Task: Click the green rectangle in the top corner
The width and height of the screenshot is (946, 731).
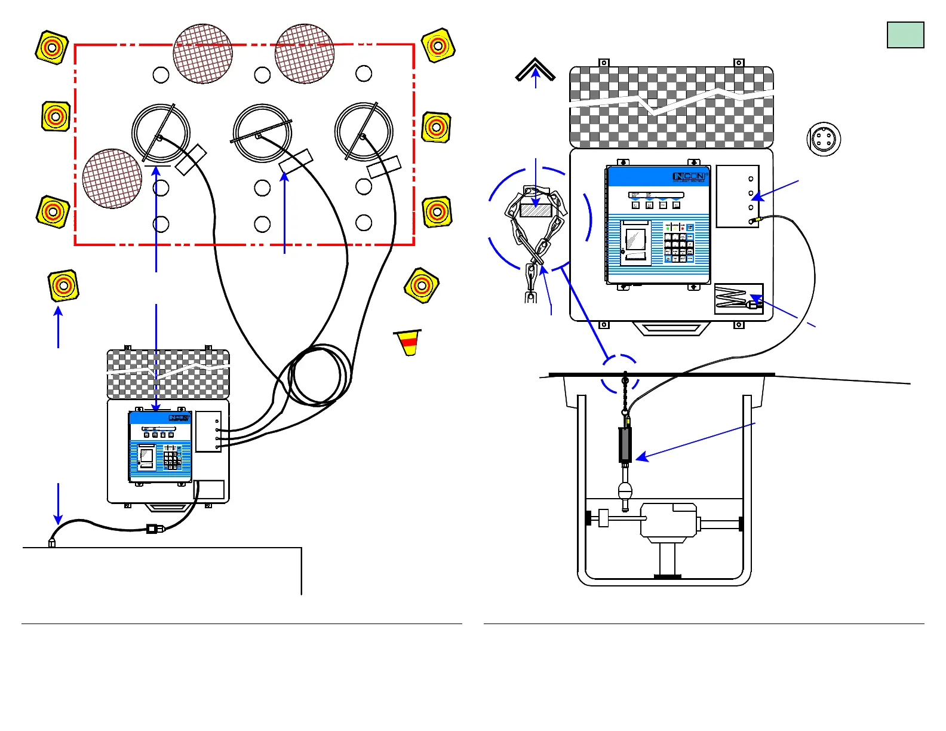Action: pos(905,35)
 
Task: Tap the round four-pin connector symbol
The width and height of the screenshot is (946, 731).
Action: pos(824,139)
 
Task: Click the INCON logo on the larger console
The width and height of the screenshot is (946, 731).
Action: pos(689,176)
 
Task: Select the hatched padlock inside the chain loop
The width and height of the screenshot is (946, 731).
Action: pos(536,210)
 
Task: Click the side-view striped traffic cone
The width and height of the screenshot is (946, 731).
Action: pos(408,343)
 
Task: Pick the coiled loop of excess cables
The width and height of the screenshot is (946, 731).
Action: pos(317,376)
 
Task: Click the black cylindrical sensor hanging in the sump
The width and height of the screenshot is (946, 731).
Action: pos(625,444)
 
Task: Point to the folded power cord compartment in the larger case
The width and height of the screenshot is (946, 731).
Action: pos(738,299)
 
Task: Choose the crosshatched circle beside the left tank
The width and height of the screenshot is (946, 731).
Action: pos(112,178)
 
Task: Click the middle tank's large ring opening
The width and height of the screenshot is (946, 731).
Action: pos(262,133)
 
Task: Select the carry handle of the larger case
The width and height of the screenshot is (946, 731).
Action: pos(671,328)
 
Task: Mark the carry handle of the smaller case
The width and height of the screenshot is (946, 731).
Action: pos(168,508)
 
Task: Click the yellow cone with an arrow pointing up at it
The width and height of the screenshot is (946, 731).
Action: pos(63,285)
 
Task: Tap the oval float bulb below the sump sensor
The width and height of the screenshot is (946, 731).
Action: pos(625,492)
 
